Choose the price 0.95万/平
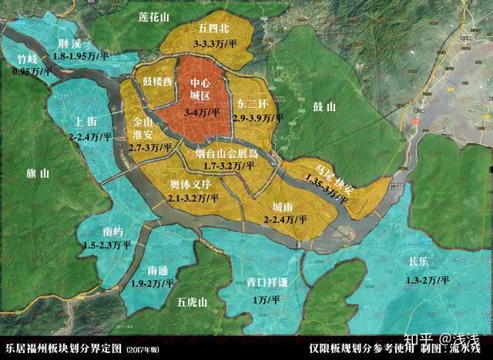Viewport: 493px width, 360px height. [x=32, y=71]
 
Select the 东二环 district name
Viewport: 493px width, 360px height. [x=254, y=103]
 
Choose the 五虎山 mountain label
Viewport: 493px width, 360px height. [x=188, y=300]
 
